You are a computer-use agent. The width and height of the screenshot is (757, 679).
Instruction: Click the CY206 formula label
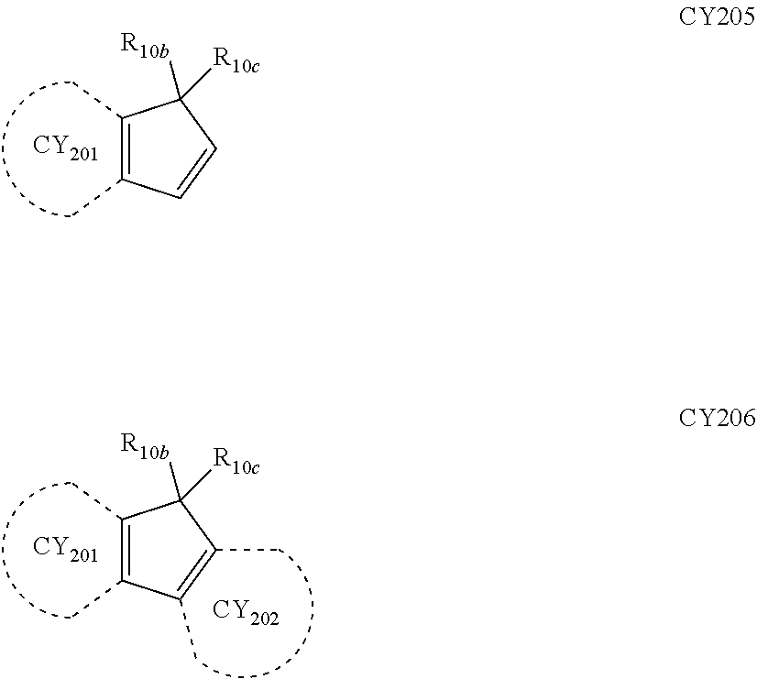(717, 419)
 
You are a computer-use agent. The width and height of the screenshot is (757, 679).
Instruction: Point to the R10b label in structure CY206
(144, 446)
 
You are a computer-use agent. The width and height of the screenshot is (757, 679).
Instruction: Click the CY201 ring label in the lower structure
(64, 550)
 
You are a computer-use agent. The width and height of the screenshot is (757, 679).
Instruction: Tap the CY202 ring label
(245, 611)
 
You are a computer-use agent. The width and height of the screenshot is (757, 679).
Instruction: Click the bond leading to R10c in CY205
(196, 81)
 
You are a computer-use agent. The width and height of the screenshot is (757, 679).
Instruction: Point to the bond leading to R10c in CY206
(196, 483)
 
